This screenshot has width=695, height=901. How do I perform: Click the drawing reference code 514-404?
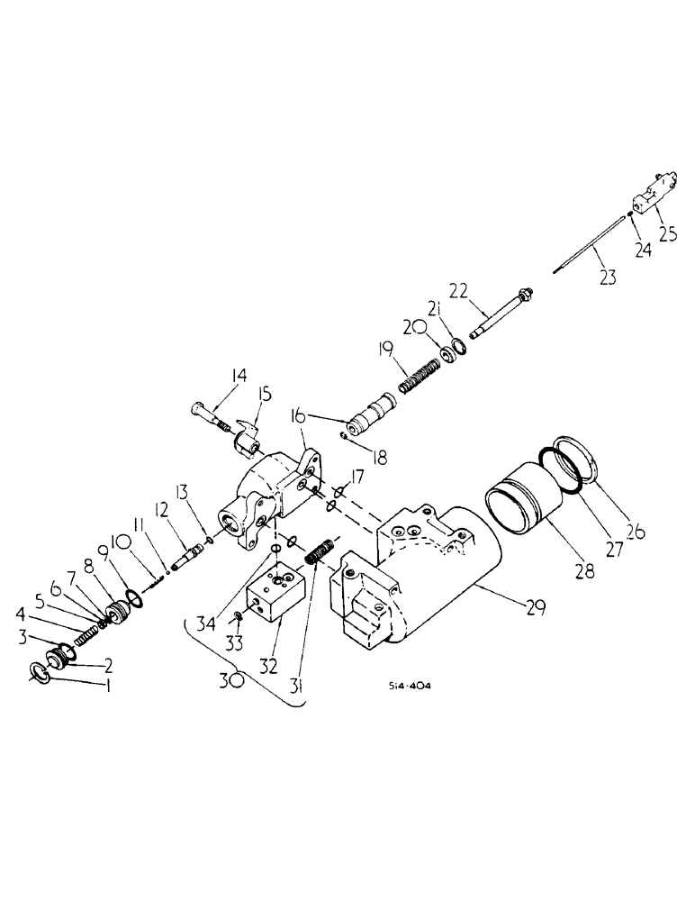[410, 686]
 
